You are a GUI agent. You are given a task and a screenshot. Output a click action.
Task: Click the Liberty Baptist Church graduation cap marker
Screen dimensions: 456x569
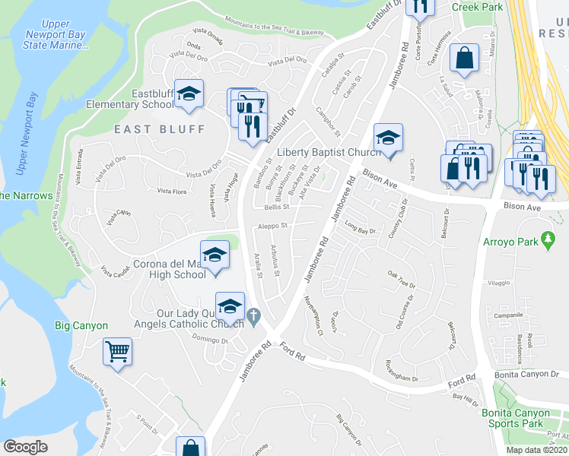coord(388,138)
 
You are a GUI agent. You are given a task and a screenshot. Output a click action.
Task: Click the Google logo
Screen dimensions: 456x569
coord(25,447)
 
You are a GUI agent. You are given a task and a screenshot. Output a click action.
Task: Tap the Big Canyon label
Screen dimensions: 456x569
coord(81,325)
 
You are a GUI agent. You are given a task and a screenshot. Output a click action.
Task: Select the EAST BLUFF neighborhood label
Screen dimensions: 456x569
coord(160,129)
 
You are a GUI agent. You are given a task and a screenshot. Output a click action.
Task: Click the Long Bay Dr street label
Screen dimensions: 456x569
coord(361,225)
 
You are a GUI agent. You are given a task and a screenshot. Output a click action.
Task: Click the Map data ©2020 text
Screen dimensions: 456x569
coord(536,450)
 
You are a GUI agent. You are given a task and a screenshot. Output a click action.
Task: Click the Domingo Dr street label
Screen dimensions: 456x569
coord(210,339)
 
